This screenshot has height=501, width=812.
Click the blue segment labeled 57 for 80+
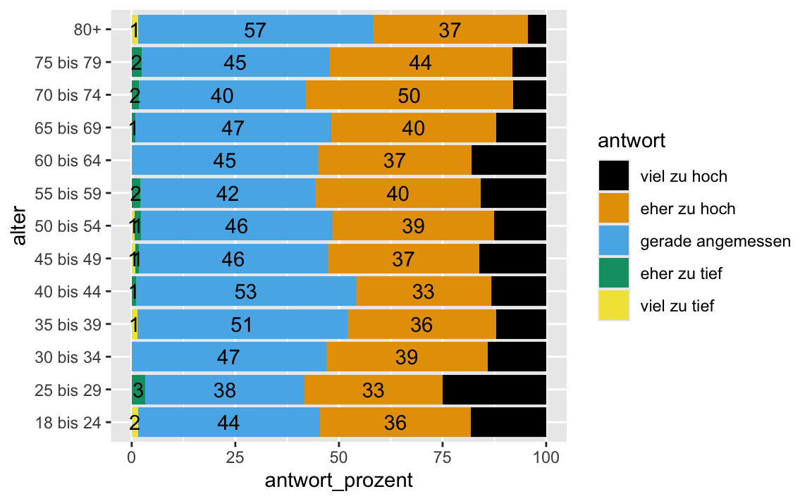pos(255,30)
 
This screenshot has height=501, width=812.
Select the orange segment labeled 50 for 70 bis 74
pos(409,95)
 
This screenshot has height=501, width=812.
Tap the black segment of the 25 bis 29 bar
pos(494,390)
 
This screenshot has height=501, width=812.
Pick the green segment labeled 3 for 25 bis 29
pos(138,390)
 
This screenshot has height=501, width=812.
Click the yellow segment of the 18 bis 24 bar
pos(135,422)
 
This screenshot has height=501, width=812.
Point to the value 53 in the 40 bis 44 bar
pos(246,292)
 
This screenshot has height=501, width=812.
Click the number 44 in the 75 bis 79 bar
pos(420,63)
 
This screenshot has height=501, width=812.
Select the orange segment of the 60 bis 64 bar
pos(395,160)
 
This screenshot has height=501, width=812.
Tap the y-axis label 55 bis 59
pos(69,192)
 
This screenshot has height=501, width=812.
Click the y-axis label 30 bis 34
pos(69,357)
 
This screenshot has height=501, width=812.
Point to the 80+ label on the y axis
pos(88,30)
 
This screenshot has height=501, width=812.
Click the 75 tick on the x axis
pos(443,457)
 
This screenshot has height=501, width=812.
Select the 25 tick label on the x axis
pos(235,457)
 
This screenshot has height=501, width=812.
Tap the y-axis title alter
pos(20,225)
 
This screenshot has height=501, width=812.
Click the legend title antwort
pos(632,141)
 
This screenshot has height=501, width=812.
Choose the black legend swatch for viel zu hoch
pos(614,176)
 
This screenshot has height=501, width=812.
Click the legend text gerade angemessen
pos(715,241)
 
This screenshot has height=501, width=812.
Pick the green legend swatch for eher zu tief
pos(614,273)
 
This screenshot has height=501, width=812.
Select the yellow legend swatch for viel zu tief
pos(614,306)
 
